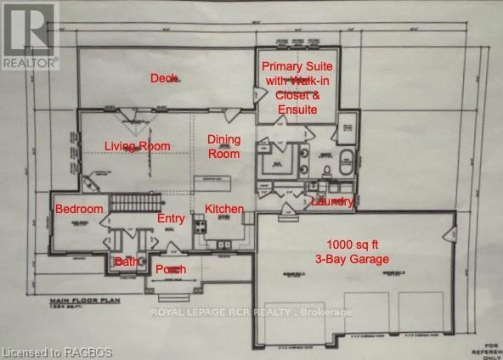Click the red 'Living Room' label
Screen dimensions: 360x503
(x=137, y=146)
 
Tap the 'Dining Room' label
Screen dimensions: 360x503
(x=224, y=146)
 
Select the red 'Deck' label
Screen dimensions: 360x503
(x=163, y=78)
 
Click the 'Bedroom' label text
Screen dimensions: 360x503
(x=79, y=209)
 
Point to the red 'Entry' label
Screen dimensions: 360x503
(x=171, y=219)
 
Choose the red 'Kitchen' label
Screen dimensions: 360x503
(x=224, y=209)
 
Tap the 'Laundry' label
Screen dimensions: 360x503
(x=331, y=201)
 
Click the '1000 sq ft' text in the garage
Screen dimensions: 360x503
(x=352, y=245)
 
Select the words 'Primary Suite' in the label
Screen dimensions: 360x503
(x=297, y=66)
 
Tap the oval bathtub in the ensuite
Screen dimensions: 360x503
(x=346, y=161)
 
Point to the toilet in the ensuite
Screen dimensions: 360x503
(x=325, y=174)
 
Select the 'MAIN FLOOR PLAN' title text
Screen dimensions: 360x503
(x=85, y=300)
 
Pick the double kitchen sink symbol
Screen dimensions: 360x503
(x=225, y=246)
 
